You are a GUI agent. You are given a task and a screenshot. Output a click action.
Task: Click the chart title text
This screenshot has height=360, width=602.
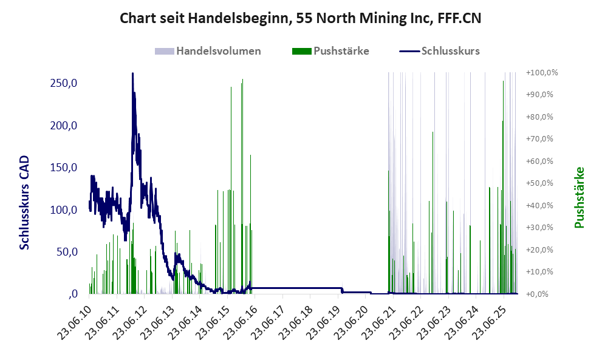(301, 18)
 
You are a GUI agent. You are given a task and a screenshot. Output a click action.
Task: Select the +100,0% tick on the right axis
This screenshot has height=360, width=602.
(542, 73)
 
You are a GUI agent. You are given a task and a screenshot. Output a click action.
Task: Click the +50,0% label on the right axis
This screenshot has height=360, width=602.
(542, 183)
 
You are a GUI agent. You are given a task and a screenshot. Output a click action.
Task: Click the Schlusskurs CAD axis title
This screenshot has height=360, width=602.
(25, 203)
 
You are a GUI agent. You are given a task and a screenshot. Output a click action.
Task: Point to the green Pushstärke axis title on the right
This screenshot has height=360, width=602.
(579, 197)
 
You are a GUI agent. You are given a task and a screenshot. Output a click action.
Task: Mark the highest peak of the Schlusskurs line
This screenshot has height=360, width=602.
(132, 73)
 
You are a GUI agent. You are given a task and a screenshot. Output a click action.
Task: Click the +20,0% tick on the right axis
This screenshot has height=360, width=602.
(542, 250)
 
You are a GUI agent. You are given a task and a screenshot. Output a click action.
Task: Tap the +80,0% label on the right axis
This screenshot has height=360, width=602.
(542, 117)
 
